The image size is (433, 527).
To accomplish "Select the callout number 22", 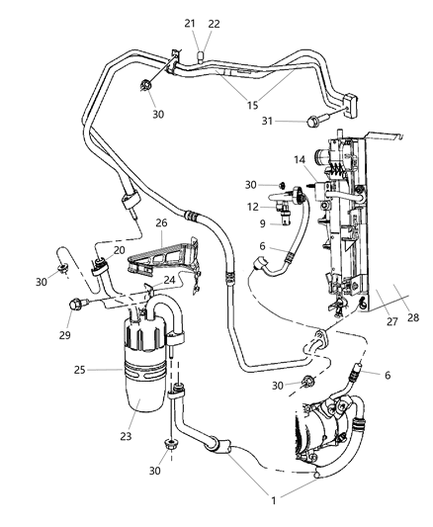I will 214,23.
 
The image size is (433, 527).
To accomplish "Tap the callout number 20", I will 120,250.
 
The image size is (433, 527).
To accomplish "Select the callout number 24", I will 171,279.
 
